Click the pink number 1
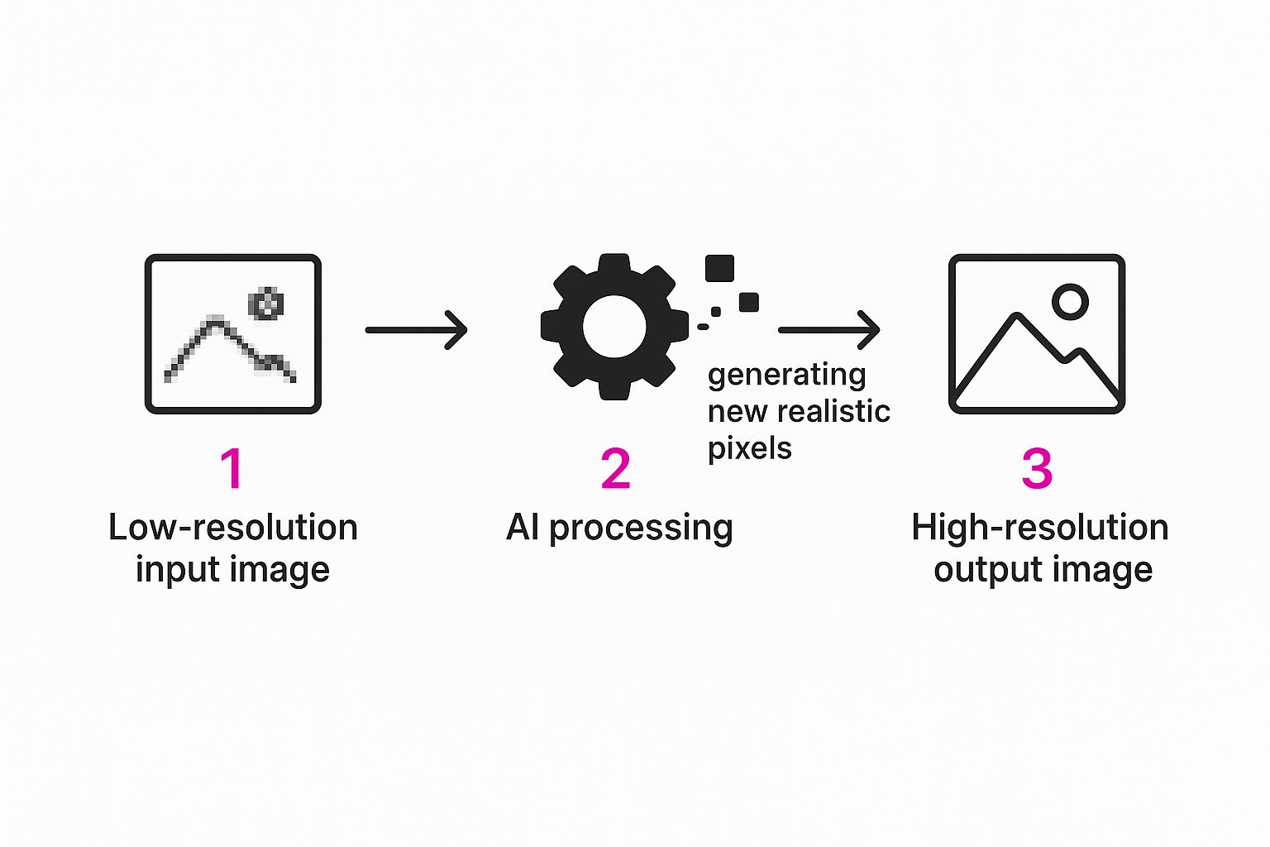[x=232, y=468]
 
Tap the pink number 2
[x=616, y=468]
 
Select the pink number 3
[x=1037, y=468]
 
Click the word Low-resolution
[x=232, y=528]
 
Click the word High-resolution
[x=1039, y=528]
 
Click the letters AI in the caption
[x=523, y=527]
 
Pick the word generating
[x=786, y=376]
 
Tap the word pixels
[x=749, y=448]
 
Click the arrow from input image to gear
[x=417, y=330]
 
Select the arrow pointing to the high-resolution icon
[x=829, y=330]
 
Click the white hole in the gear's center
[x=614, y=326]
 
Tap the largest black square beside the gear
[x=719, y=269]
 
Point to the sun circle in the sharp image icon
[x=1070, y=302]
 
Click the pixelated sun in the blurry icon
[x=266, y=304]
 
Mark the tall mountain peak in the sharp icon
[x=1017, y=317]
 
